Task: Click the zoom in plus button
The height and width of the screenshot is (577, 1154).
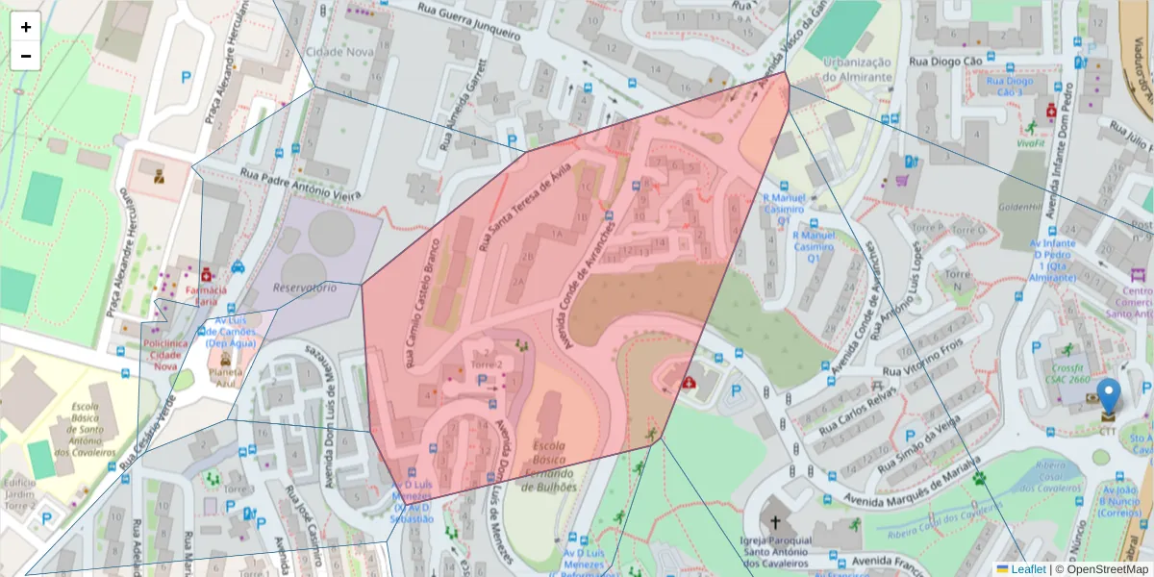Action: [x=26, y=27]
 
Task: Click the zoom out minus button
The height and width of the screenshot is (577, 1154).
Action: [x=26, y=56]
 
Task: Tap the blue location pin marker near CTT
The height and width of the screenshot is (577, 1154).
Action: [x=1109, y=396]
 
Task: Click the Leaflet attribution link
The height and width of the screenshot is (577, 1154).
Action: [x=1028, y=569]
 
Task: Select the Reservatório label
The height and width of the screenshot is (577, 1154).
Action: [x=304, y=288]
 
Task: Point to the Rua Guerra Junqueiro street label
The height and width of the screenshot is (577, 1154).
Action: [x=468, y=19]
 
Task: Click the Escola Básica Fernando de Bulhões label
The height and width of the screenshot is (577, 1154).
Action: [x=548, y=466]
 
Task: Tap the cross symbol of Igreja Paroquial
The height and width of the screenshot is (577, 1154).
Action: [x=775, y=522]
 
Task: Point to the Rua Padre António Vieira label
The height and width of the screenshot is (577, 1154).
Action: [x=299, y=185]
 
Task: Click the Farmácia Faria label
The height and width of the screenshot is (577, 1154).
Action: [x=205, y=295]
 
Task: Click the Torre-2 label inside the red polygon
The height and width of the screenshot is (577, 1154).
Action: [x=489, y=366]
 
